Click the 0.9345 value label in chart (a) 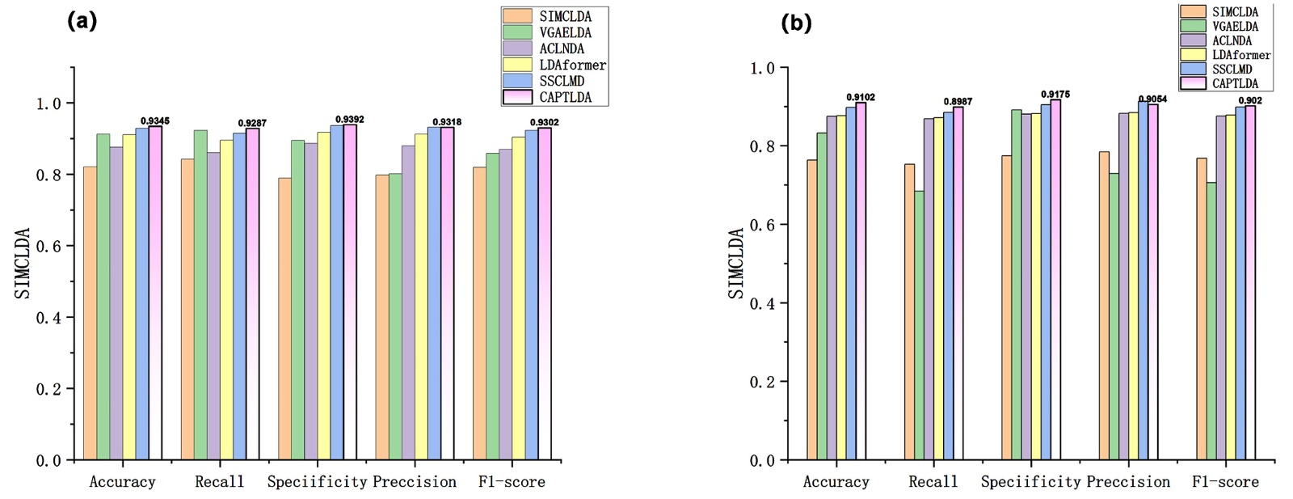tap(155, 121)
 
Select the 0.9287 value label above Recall tap(252, 124)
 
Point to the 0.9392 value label tap(350, 120)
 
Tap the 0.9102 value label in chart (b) tap(861, 98)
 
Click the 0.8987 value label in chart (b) tap(958, 102)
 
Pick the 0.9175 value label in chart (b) tap(1055, 95)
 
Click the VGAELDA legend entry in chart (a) tap(565, 32)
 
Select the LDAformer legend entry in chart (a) tap(572, 65)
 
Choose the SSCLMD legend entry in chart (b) tap(1232, 70)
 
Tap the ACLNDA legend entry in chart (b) tap(1232, 40)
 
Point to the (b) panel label tap(796, 23)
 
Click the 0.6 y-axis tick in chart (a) tap(48, 247)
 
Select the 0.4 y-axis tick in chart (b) tap(762, 303)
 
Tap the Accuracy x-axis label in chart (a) tap(122, 482)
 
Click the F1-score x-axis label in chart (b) tap(1225, 482)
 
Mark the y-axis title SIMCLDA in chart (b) tap(736, 264)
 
